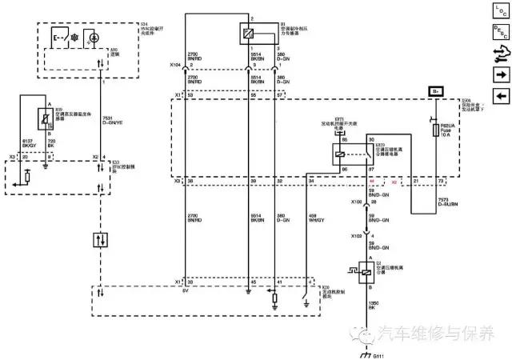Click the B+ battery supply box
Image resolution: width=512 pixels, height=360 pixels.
pos(436,92)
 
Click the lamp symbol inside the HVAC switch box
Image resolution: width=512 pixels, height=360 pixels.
pos(94,37)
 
